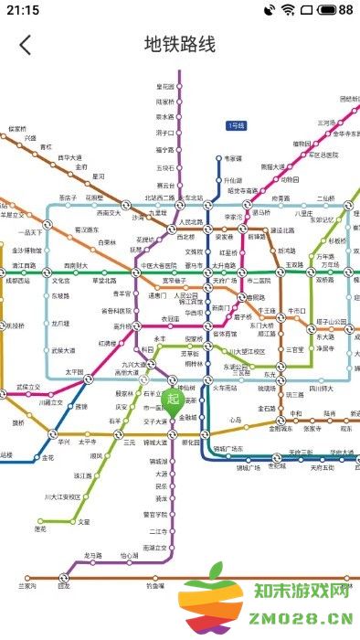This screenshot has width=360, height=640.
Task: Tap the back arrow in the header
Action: (x=25, y=44)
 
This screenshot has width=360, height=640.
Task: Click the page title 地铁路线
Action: (x=180, y=44)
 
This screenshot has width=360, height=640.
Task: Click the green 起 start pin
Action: (x=175, y=400)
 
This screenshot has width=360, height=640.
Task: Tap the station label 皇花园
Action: (x=165, y=86)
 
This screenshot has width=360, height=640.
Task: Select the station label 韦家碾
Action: (x=235, y=157)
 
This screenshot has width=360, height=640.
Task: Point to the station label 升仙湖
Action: (x=234, y=180)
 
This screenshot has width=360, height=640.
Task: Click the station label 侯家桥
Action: (x=19, y=129)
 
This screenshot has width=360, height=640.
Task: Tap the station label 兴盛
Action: (x=30, y=138)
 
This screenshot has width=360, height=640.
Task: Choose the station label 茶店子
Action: (x=68, y=197)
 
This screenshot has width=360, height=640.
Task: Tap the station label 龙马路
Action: (x=93, y=555)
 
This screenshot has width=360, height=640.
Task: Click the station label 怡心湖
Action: (x=130, y=555)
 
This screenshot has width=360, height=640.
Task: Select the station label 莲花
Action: (x=40, y=528)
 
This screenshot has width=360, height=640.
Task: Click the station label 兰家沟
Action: (x=27, y=585)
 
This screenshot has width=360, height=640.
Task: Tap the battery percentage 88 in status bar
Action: (x=345, y=10)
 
